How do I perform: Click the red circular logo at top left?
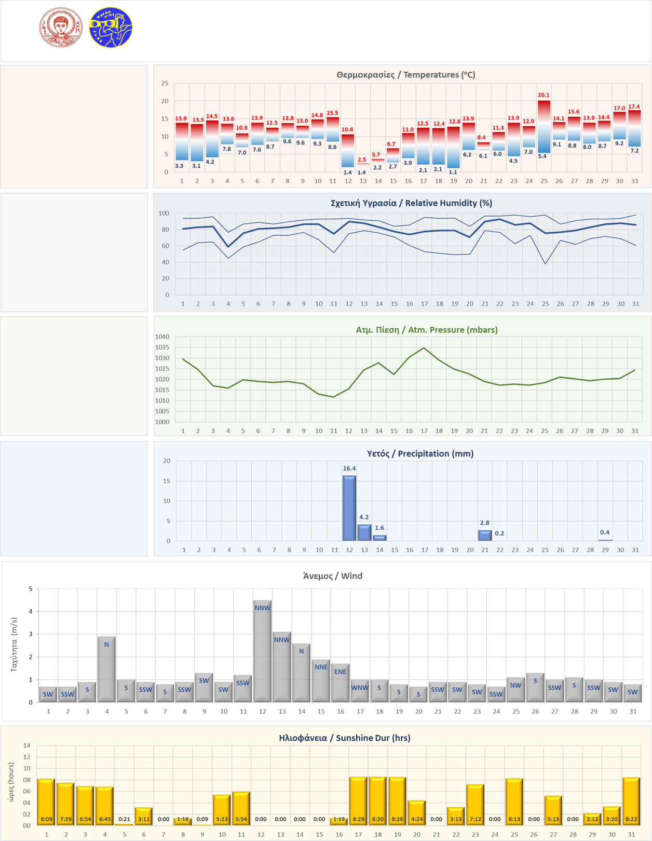pos(61,28)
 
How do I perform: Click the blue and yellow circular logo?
pos(111,28)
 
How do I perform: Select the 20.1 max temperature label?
pos(544,95)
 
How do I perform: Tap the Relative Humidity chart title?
pos(411,203)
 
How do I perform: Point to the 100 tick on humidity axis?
pos(164,213)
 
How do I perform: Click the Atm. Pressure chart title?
pos(426,330)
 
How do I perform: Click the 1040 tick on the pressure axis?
pos(162,337)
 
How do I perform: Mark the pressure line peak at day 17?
pos(424,348)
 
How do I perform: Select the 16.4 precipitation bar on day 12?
pos(349,508)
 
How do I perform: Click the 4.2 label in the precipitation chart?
pos(364,517)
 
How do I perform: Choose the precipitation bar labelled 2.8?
pos(484,535)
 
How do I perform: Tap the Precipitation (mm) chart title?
pos(420,453)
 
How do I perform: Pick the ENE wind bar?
pos(340,684)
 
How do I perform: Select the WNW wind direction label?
pos(360,688)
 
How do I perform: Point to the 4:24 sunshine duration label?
pos(417,819)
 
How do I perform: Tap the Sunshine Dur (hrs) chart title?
pos(344,738)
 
